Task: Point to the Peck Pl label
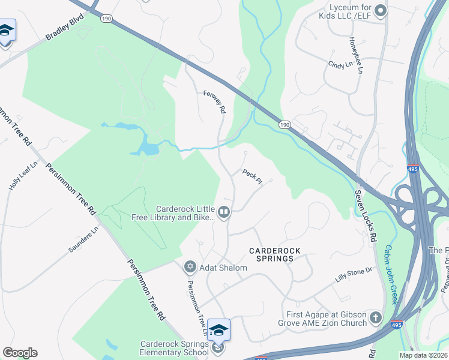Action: tap(253, 176)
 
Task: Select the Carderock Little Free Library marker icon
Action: tap(224, 211)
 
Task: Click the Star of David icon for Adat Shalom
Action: tap(190, 266)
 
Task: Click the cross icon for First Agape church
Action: tap(376, 317)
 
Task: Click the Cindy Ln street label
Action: tap(339, 65)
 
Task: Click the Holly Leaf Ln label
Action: tap(23, 176)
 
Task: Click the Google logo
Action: tap(20, 353)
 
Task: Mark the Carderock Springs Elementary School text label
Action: tap(175, 348)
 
